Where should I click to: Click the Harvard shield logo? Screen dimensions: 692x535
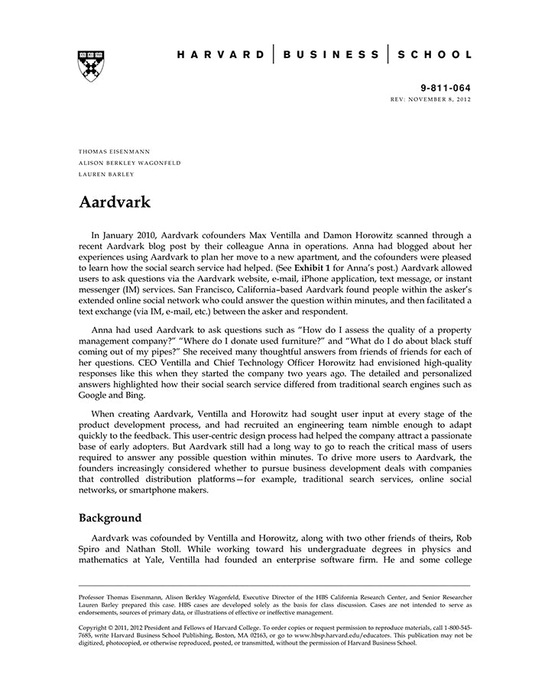coord(91,66)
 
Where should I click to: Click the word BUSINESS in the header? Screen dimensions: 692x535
coord(330,54)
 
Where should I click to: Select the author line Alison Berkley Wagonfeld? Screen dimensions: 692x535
coord(129,163)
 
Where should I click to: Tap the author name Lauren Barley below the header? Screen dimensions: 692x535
coord(106,174)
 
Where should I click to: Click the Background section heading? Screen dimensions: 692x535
coord(110,518)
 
